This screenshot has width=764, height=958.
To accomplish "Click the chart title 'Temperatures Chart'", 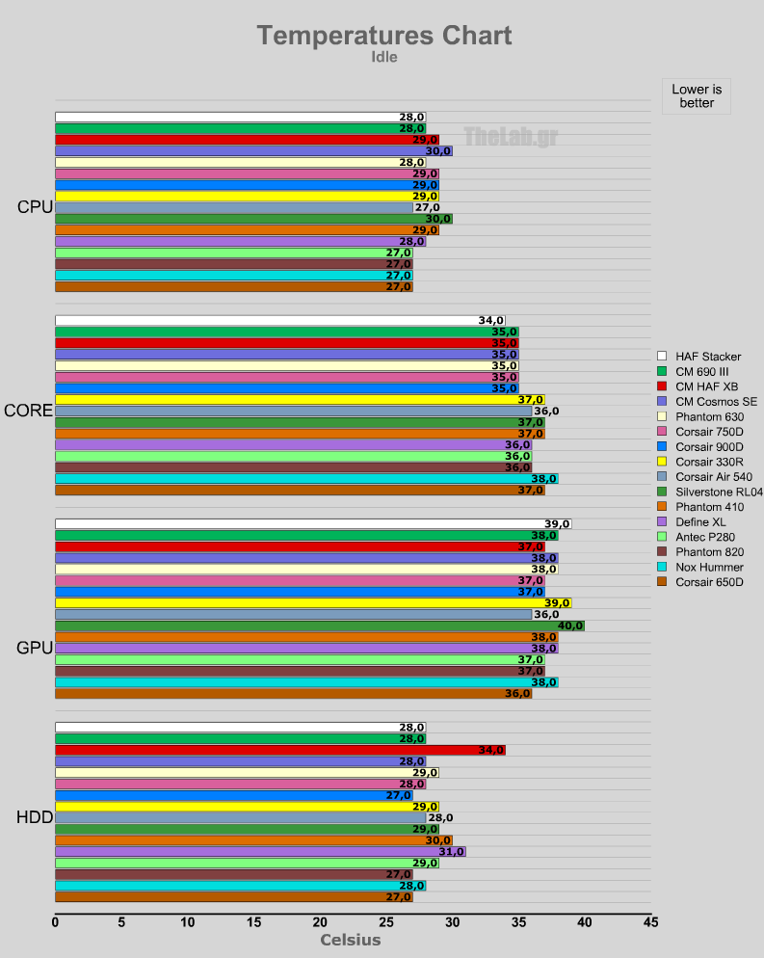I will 383,36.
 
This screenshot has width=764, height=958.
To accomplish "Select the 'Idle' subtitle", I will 383,57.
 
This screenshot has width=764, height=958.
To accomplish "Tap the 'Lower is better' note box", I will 696,95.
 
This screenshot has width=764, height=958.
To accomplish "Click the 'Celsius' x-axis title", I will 350,940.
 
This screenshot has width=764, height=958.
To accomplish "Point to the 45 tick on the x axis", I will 651,922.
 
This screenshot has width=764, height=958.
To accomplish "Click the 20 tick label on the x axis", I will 320,922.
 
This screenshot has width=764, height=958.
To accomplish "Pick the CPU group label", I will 35,207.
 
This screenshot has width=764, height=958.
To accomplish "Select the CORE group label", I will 29,411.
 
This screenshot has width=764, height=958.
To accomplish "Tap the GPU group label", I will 35,648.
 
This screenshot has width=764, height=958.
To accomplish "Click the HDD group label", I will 35,817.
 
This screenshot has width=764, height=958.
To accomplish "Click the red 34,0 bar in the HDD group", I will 279,750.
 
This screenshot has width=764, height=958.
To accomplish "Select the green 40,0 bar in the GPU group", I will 318,625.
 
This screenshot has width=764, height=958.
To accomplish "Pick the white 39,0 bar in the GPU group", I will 312,524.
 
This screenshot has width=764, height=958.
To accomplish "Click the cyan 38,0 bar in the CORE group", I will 305,478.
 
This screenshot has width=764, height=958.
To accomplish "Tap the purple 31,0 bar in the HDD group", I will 259,851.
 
